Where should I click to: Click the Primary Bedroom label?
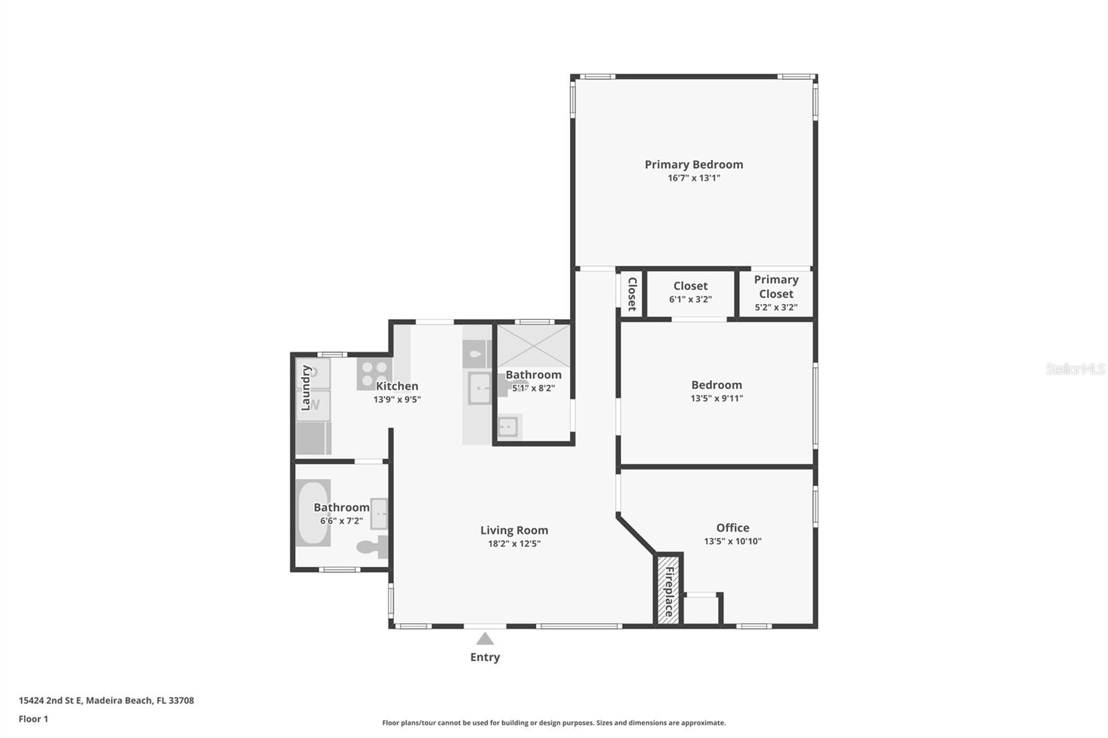[693, 164]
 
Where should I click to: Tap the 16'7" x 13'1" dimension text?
[694, 178]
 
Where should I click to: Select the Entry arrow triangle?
[485, 638]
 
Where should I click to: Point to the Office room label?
[733, 528]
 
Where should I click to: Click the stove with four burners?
[375, 374]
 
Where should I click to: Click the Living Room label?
[514, 530]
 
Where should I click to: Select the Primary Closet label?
[776, 287]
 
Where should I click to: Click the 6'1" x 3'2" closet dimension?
[690, 300]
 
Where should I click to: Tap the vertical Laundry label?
[305, 388]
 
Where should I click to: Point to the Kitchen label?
[397, 386]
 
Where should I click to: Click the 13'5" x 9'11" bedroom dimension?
[717, 398]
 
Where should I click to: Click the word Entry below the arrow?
[485, 657]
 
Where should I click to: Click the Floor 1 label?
[33, 719]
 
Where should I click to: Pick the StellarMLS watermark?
[1075, 369]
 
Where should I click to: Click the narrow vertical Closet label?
[632, 294]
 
